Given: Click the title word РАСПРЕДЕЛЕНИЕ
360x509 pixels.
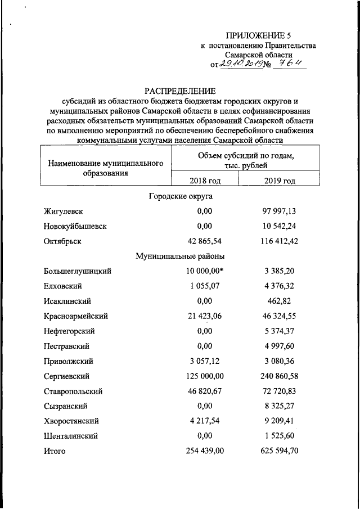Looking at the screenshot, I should coord(180,91).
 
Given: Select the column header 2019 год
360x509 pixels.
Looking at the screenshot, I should coord(280,181).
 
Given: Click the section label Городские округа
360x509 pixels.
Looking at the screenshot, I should coord(180,196).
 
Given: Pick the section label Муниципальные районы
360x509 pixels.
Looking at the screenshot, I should coord(180,256).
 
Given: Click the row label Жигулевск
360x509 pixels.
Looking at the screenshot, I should coord(63,211).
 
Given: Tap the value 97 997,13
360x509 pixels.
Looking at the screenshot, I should coord(279,211).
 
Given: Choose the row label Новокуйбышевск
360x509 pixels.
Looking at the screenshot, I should coord(75,227).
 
